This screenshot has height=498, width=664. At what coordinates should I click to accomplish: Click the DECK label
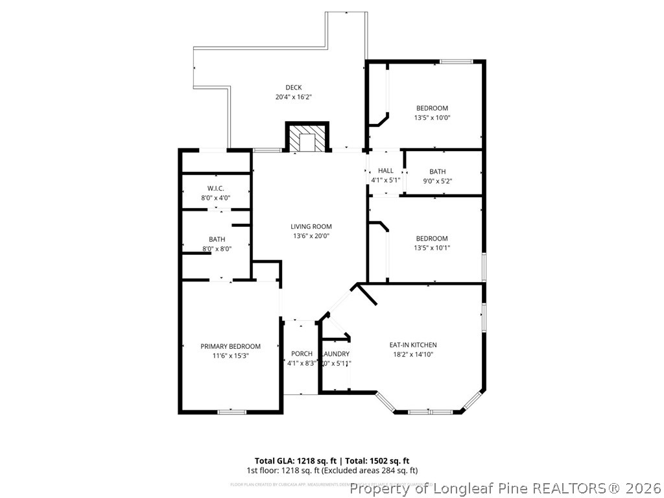[294, 88]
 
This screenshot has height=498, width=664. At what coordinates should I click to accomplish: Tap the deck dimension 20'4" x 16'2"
[294, 97]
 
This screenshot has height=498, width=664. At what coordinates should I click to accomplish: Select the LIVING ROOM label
[311, 226]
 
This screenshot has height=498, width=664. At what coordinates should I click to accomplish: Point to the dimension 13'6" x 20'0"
[311, 236]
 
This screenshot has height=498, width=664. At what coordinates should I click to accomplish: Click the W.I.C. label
[216, 188]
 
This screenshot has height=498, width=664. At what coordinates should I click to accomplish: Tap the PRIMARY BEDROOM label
[230, 346]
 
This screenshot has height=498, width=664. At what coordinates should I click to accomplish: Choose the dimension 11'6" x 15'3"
[230, 356]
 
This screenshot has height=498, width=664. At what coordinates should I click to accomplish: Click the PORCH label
[302, 353]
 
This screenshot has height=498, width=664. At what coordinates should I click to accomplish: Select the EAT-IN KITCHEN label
[413, 345]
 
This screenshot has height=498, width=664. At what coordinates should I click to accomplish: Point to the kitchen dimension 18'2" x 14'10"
[413, 355]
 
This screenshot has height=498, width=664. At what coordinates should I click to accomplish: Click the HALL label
[386, 171]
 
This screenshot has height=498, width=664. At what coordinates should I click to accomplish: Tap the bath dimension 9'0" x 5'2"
[438, 181]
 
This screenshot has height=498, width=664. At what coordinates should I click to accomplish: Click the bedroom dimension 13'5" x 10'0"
[432, 118]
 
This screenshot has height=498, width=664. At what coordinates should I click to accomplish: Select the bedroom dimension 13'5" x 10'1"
[432, 248]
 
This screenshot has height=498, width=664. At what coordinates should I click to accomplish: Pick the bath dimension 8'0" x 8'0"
[217, 248]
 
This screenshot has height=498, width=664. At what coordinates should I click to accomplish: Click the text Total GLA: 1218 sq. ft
[294, 460]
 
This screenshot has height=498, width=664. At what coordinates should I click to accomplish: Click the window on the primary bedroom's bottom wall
[231, 411]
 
